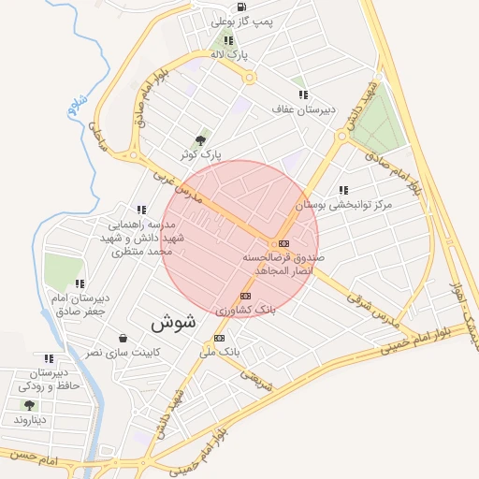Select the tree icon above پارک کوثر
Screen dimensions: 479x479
click(x=199, y=139)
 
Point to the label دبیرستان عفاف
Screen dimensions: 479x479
click(x=301, y=110)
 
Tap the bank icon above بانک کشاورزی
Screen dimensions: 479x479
click(x=245, y=296)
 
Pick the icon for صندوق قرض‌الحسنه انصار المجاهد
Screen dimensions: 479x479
click(x=283, y=243)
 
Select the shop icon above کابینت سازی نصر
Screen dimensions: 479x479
click(x=123, y=338)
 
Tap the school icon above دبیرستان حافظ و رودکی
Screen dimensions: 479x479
click(x=48, y=357)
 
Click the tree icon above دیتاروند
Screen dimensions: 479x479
click(x=29, y=405)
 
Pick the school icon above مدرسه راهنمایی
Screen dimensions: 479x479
click(x=141, y=210)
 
